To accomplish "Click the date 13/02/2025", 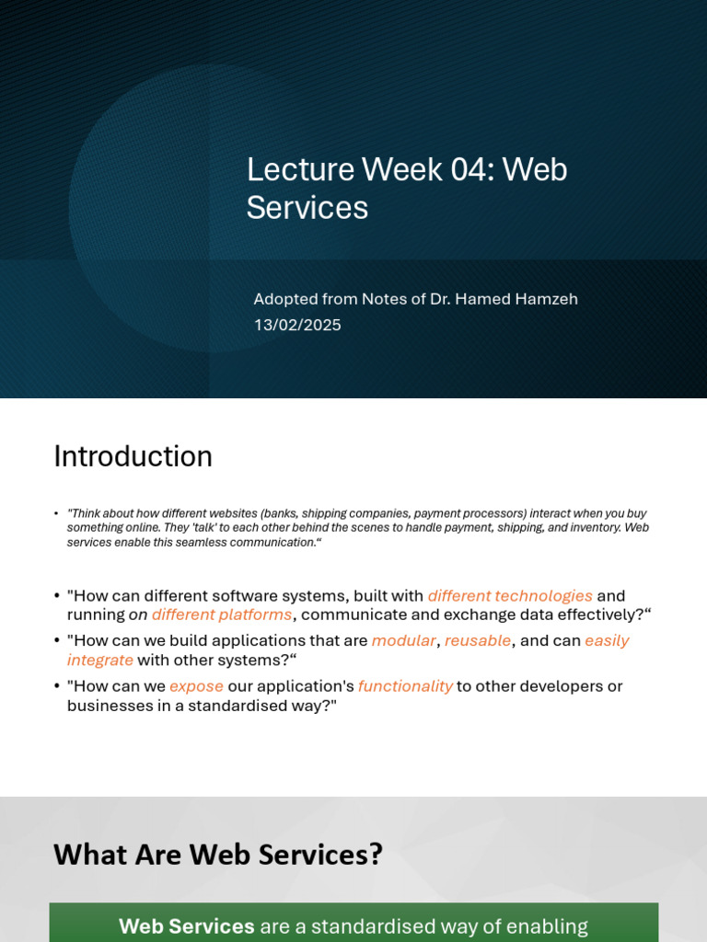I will pyautogui.click(x=297, y=326).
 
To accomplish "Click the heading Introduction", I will pyautogui.click(x=133, y=456).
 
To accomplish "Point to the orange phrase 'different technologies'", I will pyautogui.click(x=510, y=596).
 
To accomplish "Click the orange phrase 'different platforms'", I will pyautogui.click(x=222, y=615).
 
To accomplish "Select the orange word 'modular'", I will pyautogui.click(x=403, y=640).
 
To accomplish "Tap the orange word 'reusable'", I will pyautogui.click(x=478, y=640).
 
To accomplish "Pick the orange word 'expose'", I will pyautogui.click(x=196, y=686).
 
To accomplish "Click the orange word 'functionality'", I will pyautogui.click(x=405, y=686).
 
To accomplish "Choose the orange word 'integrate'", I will pyautogui.click(x=100, y=660).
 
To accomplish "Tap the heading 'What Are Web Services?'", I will pyautogui.click(x=217, y=855).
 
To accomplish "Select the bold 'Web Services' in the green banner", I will pyautogui.click(x=186, y=926).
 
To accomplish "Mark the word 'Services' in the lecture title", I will pyautogui.click(x=307, y=208).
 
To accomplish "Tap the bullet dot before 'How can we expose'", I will pyautogui.click(x=57, y=687).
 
